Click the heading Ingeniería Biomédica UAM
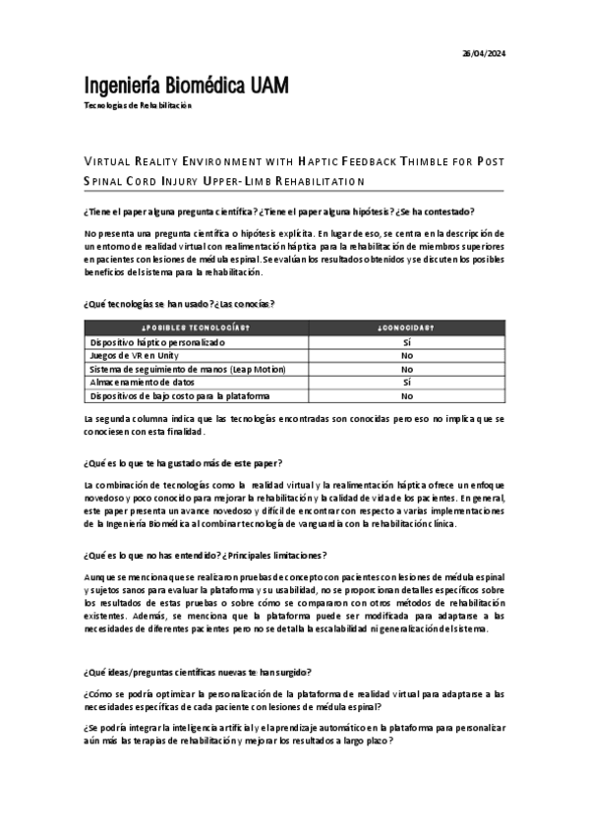[187, 86]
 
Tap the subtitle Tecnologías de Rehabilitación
[138, 105]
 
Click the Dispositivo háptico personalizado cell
[157, 342]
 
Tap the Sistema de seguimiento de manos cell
[187, 369]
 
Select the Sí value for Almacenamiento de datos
[406, 382]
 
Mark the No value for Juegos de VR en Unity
[406, 355]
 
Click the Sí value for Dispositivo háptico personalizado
[406, 342]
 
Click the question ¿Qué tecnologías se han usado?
[147, 304]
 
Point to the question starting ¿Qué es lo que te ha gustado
[185, 462]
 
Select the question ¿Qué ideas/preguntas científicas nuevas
[200, 673]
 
